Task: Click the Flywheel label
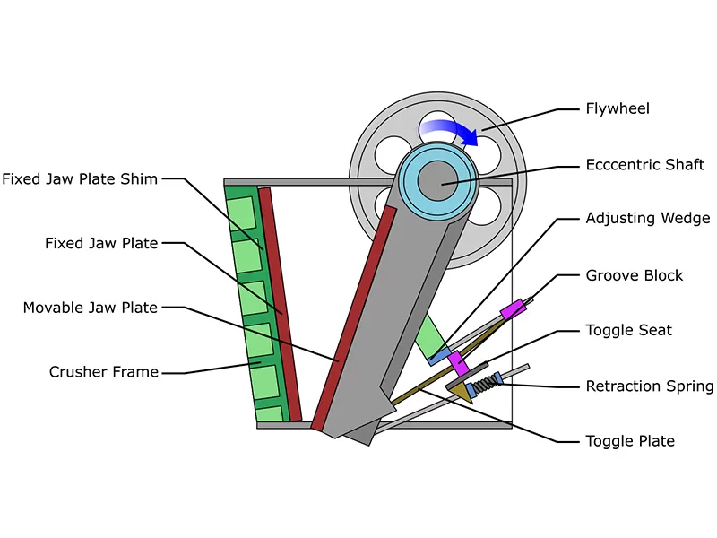pyautogui.click(x=618, y=108)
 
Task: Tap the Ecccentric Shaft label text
pyautogui.click(x=644, y=165)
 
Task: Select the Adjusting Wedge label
pyautogui.click(x=648, y=218)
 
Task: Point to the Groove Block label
pyautogui.click(x=635, y=275)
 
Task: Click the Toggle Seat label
pyautogui.click(x=629, y=330)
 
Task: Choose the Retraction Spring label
pyautogui.click(x=650, y=386)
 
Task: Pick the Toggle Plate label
pyautogui.click(x=630, y=441)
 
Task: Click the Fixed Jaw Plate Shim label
pyautogui.click(x=80, y=178)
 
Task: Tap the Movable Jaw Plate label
pyautogui.click(x=91, y=308)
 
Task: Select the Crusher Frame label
pyautogui.click(x=104, y=372)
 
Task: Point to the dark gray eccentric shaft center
pyautogui.click(x=437, y=181)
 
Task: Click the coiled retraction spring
pyautogui.click(x=485, y=384)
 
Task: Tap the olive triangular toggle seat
pyautogui.click(x=462, y=392)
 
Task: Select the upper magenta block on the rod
pyautogui.click(x=513, y=309)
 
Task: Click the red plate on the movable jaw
pyautogui.click(x=353, y=318)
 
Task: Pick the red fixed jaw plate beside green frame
pyautogui.click(x=280, y=304)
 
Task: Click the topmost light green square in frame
pyautogui.click(x=241, y=213)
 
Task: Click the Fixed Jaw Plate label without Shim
pyautogui.click(x=101, y=243)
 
